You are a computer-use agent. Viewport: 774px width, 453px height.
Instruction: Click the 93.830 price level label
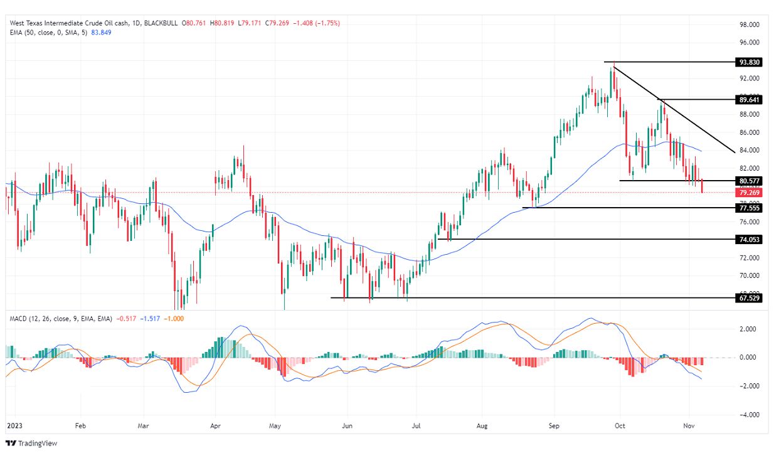[750, 62]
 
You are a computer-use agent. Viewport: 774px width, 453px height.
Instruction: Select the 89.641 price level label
[750, 100]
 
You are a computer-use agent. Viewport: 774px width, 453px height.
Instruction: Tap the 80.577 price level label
[750, 181]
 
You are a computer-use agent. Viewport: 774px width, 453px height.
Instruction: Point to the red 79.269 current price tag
[750, 193]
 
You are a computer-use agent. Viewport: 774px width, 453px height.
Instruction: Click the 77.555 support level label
[750, 208]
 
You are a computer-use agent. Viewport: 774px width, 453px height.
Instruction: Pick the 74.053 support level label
[750, 240]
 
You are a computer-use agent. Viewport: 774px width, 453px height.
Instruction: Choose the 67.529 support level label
[750, 298]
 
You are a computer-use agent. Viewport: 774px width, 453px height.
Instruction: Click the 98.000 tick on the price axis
[750, 24]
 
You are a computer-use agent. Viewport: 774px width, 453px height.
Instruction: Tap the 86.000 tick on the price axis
[750, 132]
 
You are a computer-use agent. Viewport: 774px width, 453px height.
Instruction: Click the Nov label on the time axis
[688, 425]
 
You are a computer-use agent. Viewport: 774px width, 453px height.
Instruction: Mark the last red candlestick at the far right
[702, 186]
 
